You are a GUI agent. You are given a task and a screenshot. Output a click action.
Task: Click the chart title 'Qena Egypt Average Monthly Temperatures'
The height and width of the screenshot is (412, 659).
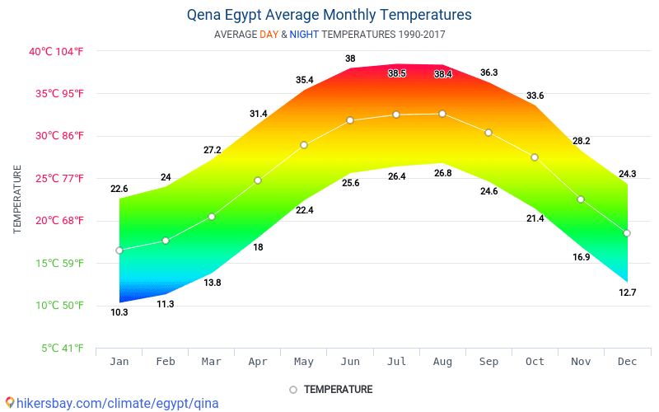coord(329,15)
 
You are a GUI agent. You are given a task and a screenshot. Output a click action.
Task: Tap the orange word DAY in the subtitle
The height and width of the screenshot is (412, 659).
coord(269,35)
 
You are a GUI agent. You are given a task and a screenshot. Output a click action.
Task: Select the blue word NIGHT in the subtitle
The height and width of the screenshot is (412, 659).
coord(304,35)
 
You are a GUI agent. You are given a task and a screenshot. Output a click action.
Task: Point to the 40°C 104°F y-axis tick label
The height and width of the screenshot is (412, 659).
coord(56,51)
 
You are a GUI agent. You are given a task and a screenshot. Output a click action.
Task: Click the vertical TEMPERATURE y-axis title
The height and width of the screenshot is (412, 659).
coord(17,199)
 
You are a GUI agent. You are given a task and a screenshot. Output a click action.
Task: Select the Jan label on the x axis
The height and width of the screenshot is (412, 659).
coord(119,362)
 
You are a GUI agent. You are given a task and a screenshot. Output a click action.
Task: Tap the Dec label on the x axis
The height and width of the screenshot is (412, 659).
coord(627,362)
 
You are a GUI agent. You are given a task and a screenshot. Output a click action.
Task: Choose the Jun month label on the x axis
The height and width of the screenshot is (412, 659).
coord(350,362)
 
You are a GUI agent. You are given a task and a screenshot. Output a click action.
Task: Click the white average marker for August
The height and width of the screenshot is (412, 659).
coord(442,114)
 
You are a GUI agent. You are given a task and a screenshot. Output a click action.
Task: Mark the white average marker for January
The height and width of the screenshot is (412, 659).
coord(119,250)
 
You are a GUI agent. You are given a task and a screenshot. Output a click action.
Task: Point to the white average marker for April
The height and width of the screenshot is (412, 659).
coord(258,180)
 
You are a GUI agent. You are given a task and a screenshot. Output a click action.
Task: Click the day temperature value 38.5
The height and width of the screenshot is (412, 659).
coord(397,73)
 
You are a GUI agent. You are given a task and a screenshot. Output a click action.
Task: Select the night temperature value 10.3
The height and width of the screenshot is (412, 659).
coord(119,312)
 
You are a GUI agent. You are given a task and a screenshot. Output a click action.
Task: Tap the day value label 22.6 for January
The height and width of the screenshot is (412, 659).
coord(119,189)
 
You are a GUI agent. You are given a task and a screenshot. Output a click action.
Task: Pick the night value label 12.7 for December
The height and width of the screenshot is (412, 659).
coord(627,293)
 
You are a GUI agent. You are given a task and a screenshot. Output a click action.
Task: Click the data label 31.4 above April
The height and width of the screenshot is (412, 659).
coord(258,114)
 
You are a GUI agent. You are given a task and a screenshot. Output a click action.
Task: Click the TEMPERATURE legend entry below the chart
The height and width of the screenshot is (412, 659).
coord(330,389)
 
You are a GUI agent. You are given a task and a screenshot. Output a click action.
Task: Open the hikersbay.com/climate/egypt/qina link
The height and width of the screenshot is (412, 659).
coord(112,403)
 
